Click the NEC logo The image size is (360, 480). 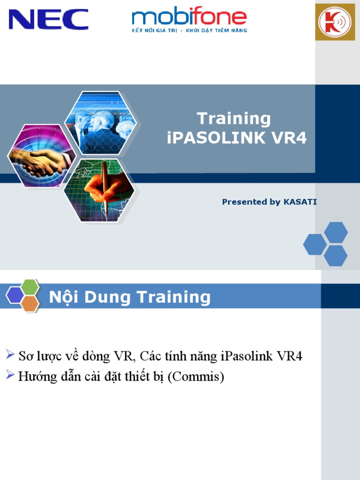point(48,19)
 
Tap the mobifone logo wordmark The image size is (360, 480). point(189,17)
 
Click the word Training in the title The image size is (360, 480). point(233,119)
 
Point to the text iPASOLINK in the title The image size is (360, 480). point(218,138)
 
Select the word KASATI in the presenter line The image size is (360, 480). point(300,202)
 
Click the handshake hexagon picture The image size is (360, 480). point(36,156)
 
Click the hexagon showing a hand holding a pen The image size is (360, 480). point(99,190)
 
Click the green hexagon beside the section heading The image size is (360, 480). point(30,287)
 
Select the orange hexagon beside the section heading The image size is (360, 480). point(30,304)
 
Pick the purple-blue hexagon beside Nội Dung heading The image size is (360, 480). point(15,295)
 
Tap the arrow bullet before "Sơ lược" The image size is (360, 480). point(10,354)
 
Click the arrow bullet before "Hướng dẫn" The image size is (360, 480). point(10,375)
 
